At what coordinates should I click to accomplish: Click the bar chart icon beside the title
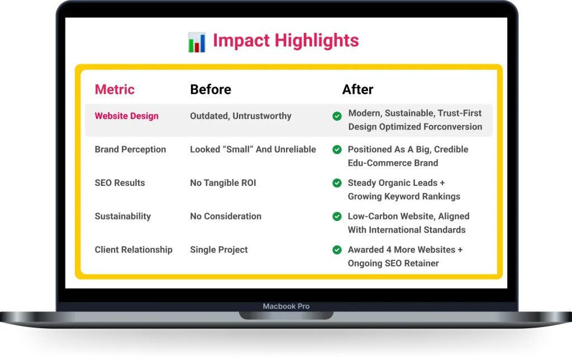[x=197, y=42]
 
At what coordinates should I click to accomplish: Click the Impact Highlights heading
[x=285, y=41]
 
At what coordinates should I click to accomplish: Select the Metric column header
[x=115, y=89]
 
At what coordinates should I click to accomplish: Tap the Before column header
[x=210, y=89]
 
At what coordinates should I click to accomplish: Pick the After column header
[x=357, y=89]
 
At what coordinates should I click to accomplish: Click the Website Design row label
[x=126, y=116]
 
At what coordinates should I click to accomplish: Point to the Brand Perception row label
[x=130, y=150]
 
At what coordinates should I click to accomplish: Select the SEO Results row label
[x=120, y=183]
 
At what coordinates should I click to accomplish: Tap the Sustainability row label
[x=122, y=217]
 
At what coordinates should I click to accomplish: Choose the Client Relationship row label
[x=134, y=250]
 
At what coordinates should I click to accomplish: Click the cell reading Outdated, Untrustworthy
[x=240, y=116]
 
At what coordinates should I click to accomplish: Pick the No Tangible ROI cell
[x=223, y=183]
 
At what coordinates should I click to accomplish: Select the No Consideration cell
[x=225, y=217]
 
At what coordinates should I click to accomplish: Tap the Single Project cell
[x=218, y=250]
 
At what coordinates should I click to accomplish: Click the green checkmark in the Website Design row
[x=337, y=116]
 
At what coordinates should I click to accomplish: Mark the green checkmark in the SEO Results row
[x=337, y=183]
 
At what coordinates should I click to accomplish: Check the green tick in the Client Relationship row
[x=337, y=250]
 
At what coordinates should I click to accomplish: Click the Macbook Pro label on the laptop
[x=286, y=306]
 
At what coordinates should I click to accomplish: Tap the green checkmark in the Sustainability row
[x=337, y=217]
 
